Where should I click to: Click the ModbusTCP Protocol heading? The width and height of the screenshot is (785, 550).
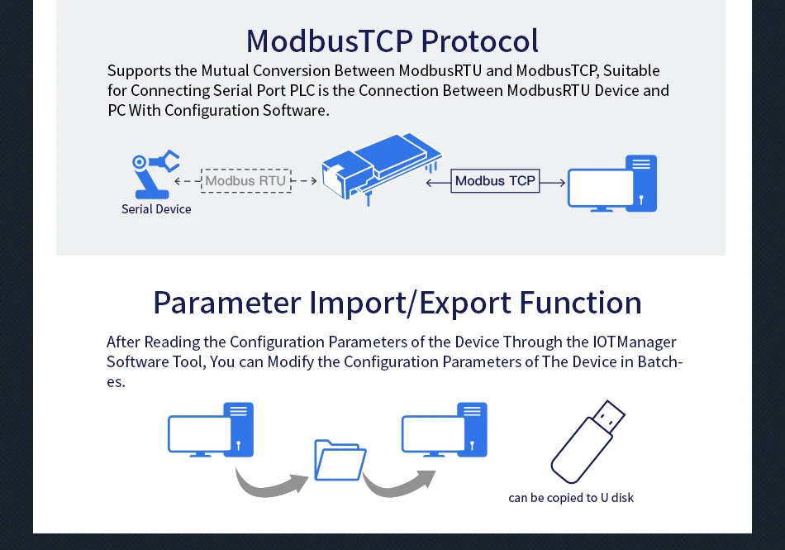coord(392,41)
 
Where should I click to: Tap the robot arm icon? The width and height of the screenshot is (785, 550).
coord(154,175)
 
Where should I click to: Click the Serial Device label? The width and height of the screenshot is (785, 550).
coord(156,209)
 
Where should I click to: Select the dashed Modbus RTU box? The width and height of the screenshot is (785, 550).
coord(245,180)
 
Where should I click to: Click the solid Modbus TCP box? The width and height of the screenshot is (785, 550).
coord(495,180)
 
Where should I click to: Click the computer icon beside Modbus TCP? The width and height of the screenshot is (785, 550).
coord(611,184)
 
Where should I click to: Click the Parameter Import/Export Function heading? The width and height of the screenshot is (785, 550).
coord(397,303)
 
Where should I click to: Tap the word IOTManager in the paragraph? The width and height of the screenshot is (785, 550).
coord(635,342)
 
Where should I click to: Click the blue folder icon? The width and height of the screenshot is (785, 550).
coord(340,460)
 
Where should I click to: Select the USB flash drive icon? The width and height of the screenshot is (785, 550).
coord(587,442)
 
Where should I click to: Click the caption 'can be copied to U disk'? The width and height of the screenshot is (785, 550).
coord(571,498)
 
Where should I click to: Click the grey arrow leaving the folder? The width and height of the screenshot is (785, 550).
coord(398,484)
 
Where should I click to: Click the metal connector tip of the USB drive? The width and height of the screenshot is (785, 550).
coord(611,415)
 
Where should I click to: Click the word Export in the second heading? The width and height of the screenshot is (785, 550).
coord(464,303)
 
